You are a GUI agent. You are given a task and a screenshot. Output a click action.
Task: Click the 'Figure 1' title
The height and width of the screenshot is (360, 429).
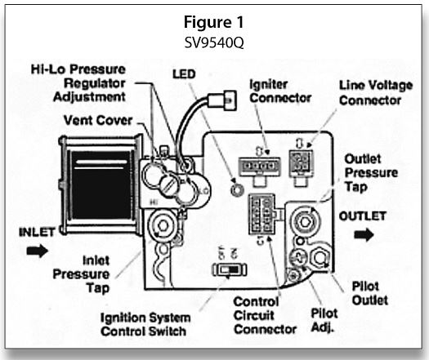tap(213, 22)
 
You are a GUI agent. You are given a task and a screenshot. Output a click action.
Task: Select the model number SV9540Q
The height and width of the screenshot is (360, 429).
tap(213, 42)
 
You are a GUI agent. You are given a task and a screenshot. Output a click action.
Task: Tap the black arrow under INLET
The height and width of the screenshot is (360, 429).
tap(38, 251)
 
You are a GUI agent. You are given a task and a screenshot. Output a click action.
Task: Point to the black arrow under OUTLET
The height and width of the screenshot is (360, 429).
tap(364, 234)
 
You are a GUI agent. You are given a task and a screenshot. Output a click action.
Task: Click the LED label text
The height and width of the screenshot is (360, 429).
tap(184, 74)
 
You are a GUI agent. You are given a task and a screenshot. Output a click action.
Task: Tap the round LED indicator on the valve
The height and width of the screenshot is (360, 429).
tap(237, 189)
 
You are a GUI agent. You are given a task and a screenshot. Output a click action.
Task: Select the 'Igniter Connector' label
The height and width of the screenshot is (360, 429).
tap(280, 91)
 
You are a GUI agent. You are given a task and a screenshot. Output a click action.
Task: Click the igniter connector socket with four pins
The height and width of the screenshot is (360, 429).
tap(259, 167)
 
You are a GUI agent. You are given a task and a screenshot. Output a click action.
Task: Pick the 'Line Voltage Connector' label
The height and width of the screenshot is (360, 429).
tap(376, 93)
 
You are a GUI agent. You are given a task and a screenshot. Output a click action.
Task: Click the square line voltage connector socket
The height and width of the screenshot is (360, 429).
tap(301, 162)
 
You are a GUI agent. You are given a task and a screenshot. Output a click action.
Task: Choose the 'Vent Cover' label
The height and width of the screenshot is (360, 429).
tap(98, 120)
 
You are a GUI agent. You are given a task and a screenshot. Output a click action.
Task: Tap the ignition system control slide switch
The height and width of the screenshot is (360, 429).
tap(230, 270)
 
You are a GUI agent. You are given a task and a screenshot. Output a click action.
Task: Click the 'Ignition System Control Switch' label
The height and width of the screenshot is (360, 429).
tap(145, 325)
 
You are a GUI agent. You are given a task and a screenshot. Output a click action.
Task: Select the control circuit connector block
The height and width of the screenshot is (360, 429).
tap(261, 215)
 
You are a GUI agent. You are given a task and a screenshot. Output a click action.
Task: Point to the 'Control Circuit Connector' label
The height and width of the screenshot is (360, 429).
tap(265, 316)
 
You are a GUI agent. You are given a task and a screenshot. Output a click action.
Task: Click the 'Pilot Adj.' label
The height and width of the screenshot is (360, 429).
tap(324, 320)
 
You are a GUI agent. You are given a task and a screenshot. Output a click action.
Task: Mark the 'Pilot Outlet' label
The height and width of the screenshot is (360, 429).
tap(369, 294)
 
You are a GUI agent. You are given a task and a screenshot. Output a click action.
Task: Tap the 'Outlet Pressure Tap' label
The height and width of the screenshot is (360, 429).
tap(371, 173)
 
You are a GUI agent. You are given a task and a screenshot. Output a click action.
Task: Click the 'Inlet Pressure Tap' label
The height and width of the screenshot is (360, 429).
tap(81, 274)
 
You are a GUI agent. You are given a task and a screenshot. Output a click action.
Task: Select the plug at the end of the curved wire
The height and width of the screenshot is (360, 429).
tap(222, 100)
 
